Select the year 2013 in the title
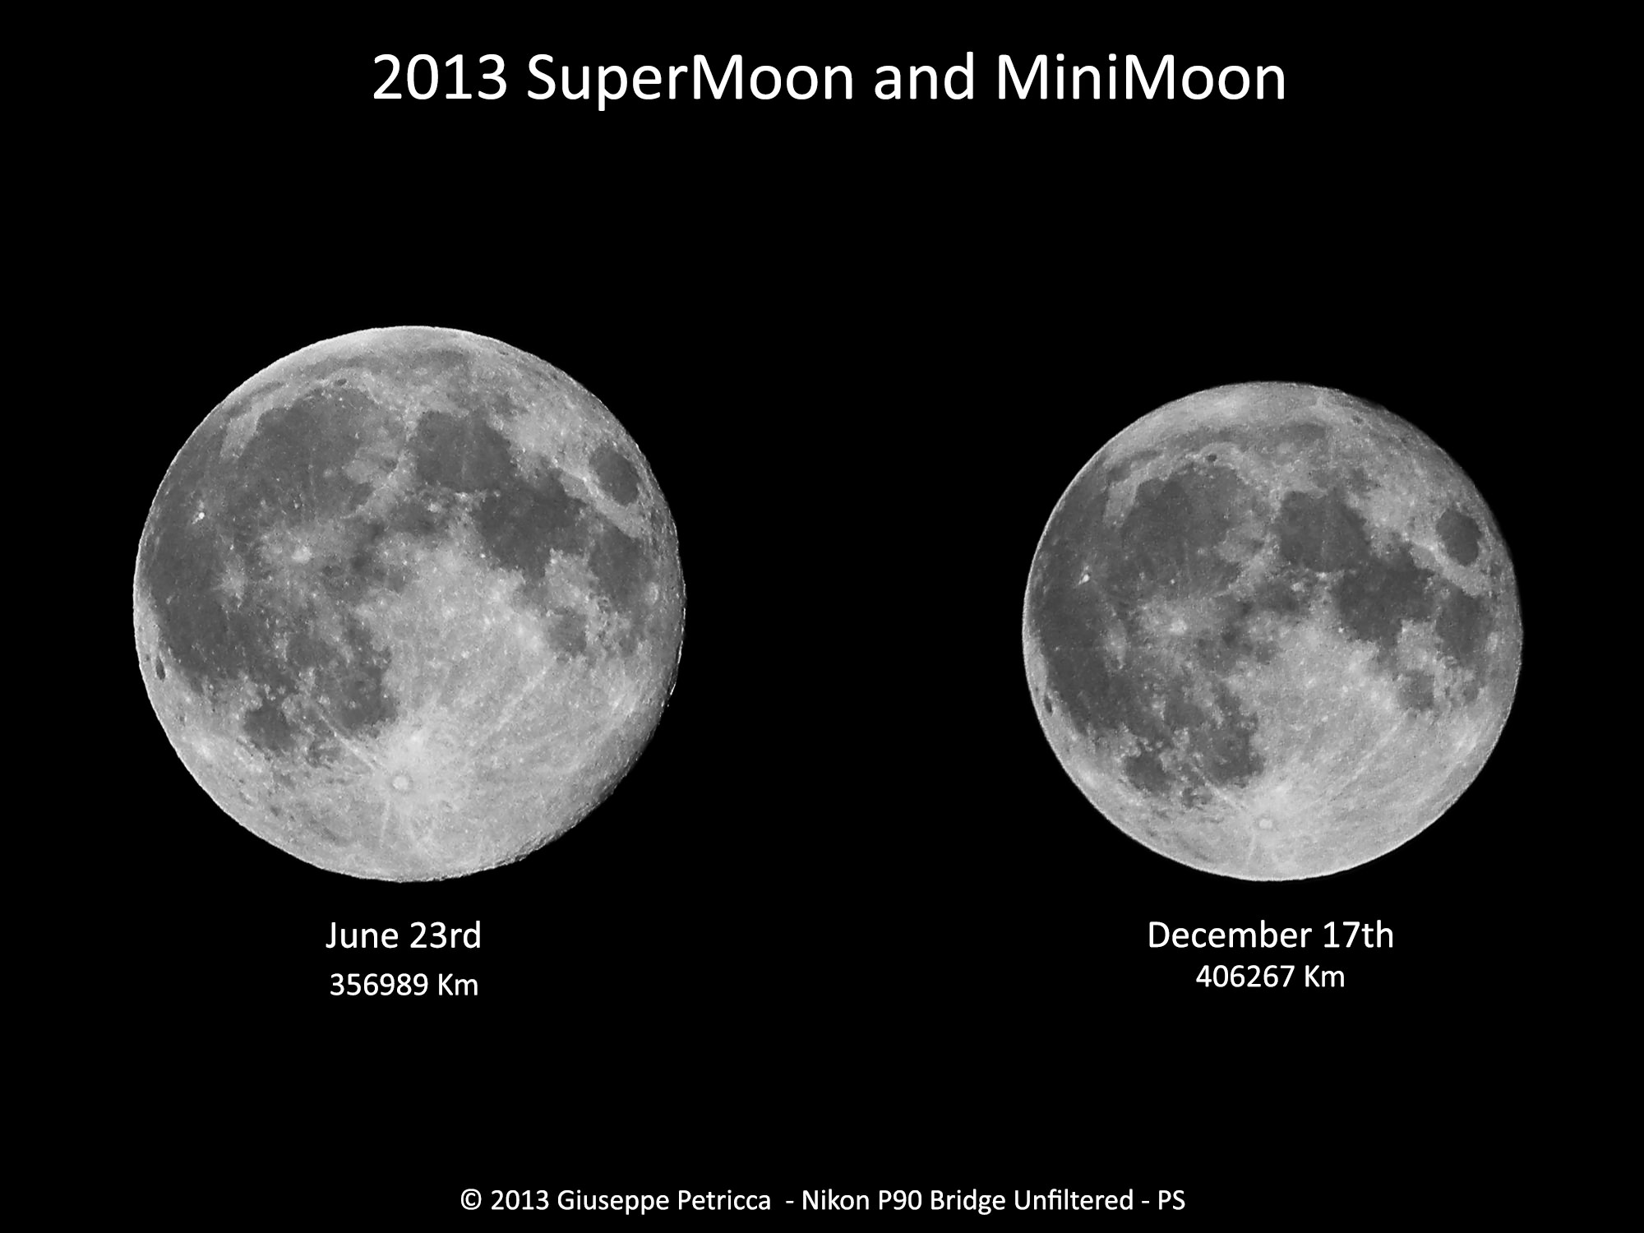click(439, 79)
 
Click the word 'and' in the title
click(925, 79)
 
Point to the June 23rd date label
click(404, 935)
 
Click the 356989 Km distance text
click(404, 985)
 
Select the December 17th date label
click(1271, 935)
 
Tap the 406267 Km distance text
click(1271, 977)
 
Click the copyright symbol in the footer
click(471, 1201)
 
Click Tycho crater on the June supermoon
click(400, 782)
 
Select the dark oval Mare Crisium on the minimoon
click(1461, 538)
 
